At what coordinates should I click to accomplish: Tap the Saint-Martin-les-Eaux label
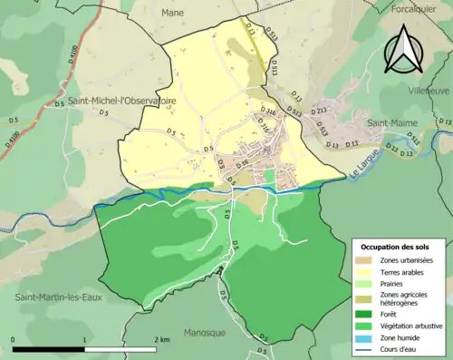point(52,297)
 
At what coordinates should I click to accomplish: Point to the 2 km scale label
point(162,340)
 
